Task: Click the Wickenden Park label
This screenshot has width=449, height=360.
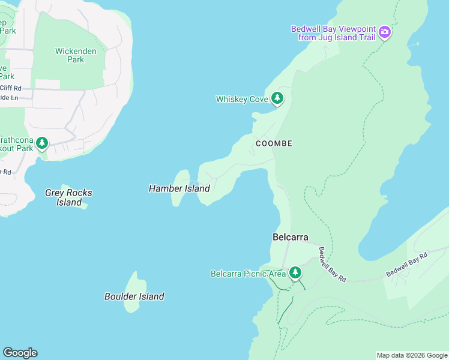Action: pos(76,55)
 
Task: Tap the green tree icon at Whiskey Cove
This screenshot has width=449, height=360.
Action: pos(277,98)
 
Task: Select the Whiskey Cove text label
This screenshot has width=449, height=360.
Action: pos(241,99)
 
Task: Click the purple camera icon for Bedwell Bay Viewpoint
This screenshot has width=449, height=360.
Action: pos(385,32)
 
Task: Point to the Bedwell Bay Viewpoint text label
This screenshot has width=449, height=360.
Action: pos(333,32)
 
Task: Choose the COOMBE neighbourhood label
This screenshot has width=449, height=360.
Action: pos(274,143)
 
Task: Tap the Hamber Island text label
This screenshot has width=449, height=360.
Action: pos(179,188)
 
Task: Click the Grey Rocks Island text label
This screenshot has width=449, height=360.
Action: pos(68,197)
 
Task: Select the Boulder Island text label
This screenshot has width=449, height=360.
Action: pos(134,296)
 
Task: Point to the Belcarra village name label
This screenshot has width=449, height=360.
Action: pos(290,238)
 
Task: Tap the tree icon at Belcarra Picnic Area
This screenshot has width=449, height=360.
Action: pos(295,273)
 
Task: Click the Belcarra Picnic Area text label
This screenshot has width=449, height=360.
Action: pos(248,274)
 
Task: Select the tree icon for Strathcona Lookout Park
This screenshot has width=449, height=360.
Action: pos(41,143)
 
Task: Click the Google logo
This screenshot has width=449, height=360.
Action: pos(20,353)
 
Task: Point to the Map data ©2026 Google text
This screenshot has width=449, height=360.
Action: pos(411,355)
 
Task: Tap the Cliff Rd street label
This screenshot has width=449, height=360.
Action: pos(11,88)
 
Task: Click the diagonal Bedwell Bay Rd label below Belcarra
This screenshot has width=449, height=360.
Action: pos(332,265)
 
